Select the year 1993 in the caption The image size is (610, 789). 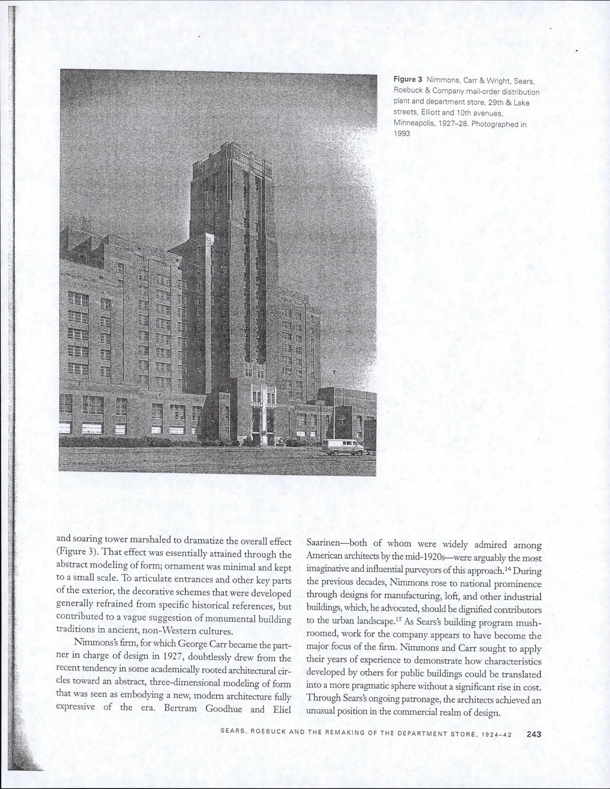coord(402,134)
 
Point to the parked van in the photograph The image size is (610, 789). coord(343,447)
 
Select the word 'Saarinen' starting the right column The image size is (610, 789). coord(325,545)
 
